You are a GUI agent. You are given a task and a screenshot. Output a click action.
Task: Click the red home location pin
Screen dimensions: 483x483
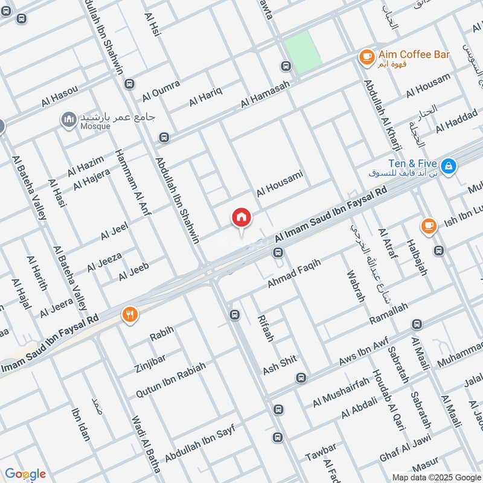(241, 218)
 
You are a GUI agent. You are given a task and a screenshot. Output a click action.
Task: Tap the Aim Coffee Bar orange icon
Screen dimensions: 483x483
(366, 56)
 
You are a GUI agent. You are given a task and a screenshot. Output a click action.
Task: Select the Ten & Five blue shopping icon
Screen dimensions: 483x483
(448, 165)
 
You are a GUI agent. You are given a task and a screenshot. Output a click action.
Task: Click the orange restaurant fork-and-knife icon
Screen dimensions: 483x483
(130, 314)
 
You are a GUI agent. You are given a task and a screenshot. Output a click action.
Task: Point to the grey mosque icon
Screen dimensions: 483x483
(69, 120)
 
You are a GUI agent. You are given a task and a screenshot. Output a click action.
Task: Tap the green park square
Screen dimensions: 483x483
(302, 52)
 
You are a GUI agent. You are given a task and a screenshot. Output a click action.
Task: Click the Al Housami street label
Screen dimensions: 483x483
(279, 183)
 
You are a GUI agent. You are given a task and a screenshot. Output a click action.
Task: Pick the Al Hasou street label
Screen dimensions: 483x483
(60, 97)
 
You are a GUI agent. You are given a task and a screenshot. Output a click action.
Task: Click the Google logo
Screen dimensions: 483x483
(25, 474)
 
